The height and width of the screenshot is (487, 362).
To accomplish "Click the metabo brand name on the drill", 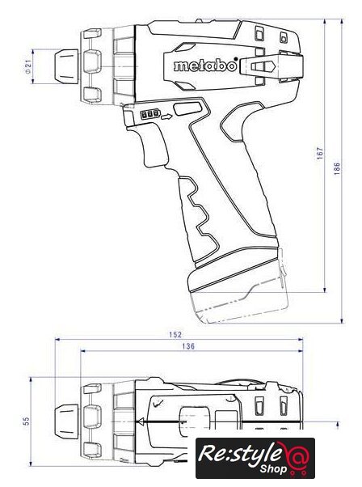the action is tap(205, 66).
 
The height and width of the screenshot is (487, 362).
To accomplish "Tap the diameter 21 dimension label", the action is tap(28, 66).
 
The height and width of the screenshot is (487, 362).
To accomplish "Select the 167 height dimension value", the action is tap(320, 154).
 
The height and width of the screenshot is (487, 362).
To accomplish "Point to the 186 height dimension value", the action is tap(337, 168).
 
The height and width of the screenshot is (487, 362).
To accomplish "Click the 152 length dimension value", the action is tap(175, 334).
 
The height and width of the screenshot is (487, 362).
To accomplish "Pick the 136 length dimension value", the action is tap(188, 346).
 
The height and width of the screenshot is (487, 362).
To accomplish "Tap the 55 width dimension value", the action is tap(27, 421).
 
